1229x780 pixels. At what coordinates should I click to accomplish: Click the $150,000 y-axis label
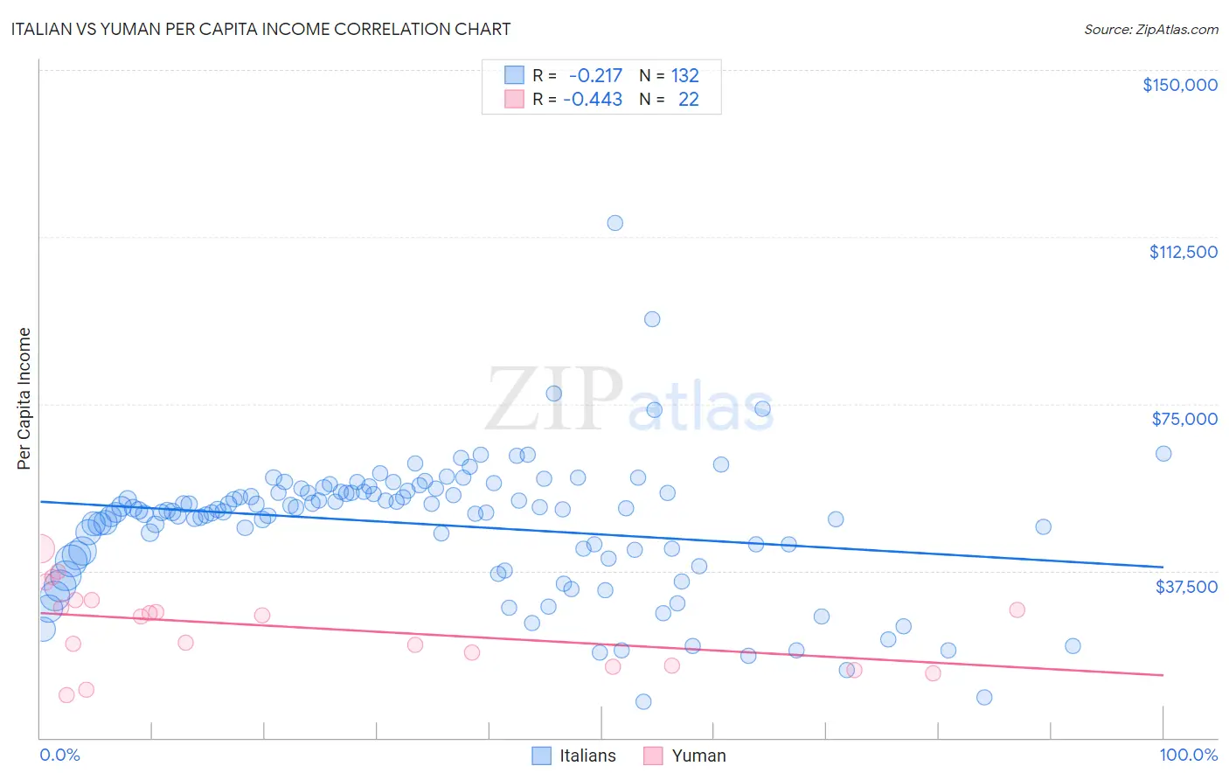point(1179,85)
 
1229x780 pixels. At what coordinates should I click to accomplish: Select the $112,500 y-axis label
point(1183,252)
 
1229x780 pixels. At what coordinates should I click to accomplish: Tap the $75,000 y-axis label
point(1184,419)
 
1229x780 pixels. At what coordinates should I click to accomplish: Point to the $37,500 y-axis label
point(1186,587)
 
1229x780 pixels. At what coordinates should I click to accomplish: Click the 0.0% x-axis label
point(59,755)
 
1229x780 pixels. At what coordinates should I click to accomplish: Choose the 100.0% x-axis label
point(1188,755)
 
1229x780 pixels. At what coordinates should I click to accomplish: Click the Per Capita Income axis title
point(24,399)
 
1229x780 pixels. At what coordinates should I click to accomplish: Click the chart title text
point(260,29)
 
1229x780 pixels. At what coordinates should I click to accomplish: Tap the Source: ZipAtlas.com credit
point(1150,29)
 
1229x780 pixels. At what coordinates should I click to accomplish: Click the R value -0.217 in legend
point(595,75)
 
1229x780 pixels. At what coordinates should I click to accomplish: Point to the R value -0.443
point(593,99)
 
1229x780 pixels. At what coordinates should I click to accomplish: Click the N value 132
point(685,75)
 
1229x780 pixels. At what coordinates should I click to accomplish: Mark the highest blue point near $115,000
point(615,223)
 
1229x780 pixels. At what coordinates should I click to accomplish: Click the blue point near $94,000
point(652,319)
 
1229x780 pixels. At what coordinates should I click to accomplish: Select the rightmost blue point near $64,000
point(1163,453)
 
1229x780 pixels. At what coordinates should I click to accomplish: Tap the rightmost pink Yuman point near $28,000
point(1017,609)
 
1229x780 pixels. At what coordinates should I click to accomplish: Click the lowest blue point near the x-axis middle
point(643,701)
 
